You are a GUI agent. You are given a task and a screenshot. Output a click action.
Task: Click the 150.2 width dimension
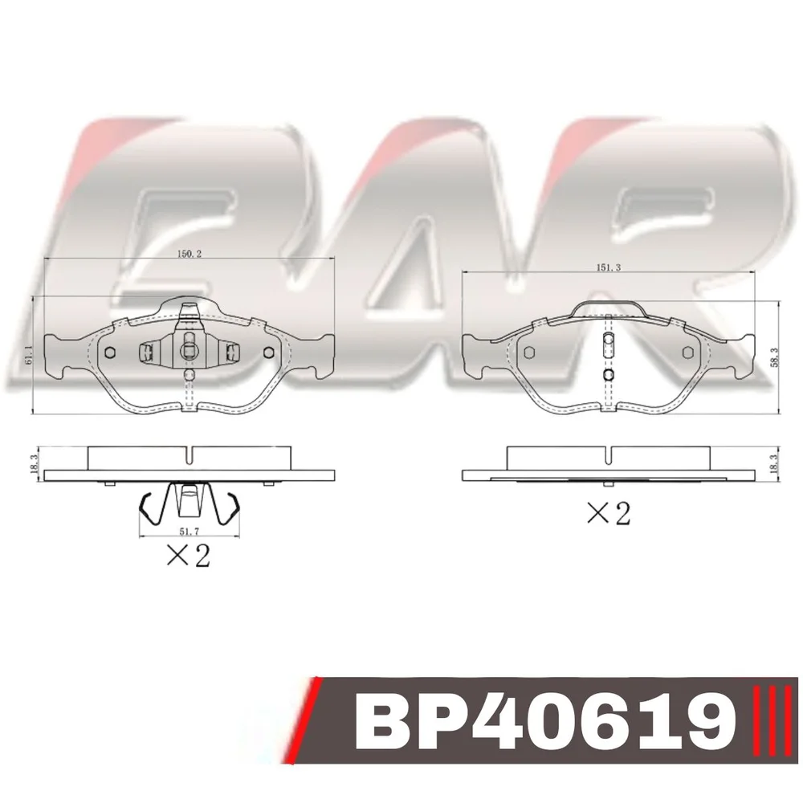[x=190, y=254]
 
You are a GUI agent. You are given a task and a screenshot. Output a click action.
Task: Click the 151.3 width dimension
[x=609, y=268]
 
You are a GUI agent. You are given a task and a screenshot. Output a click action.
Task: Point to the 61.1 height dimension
[x=29, y=354]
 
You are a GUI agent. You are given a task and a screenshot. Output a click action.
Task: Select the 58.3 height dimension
[x=774, y=357]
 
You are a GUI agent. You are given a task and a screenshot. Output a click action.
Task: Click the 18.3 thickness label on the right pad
[x=774, y=464]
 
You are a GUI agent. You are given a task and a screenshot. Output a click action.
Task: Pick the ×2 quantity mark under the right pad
[x=608, y=513]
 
